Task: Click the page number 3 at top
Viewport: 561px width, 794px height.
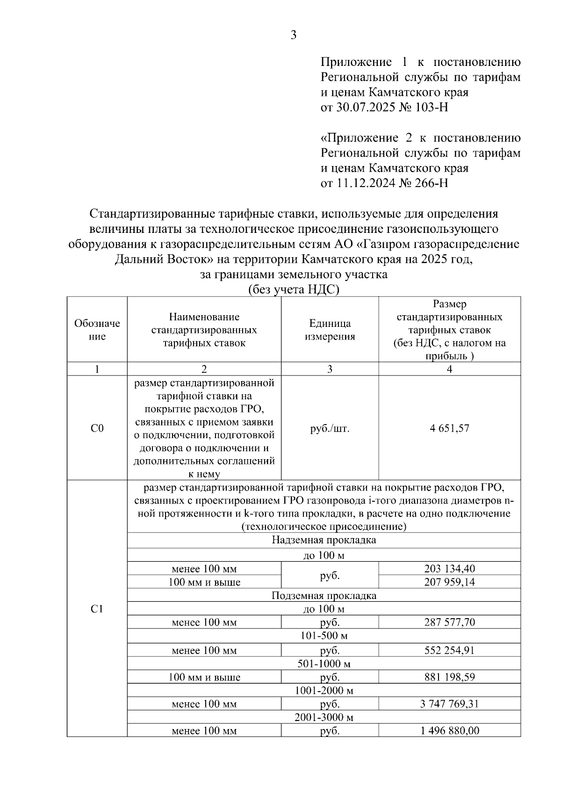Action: (294, 35)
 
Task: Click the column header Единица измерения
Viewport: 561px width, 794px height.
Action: (330, 330)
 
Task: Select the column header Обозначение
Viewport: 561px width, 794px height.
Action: (97, 330)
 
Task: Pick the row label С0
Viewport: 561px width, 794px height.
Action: (97, 428)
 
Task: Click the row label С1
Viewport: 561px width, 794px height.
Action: (97, 609)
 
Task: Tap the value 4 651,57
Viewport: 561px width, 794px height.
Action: (449, 428)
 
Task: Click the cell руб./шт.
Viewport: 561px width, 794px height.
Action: (330, 428)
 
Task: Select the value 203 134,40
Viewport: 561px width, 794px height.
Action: (449, 569)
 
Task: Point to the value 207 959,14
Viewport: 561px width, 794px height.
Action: (449, 582)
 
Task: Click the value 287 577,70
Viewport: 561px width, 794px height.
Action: (449, 622)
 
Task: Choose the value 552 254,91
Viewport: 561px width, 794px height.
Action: (449, 650)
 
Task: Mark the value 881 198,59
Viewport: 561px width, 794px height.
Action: (449, 677)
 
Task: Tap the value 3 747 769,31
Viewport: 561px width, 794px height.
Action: (449, 704)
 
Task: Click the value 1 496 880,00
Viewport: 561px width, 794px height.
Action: (449, 731)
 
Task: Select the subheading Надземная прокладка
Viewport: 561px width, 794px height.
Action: (324, 541)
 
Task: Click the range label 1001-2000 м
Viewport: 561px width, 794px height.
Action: (324, 691)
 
